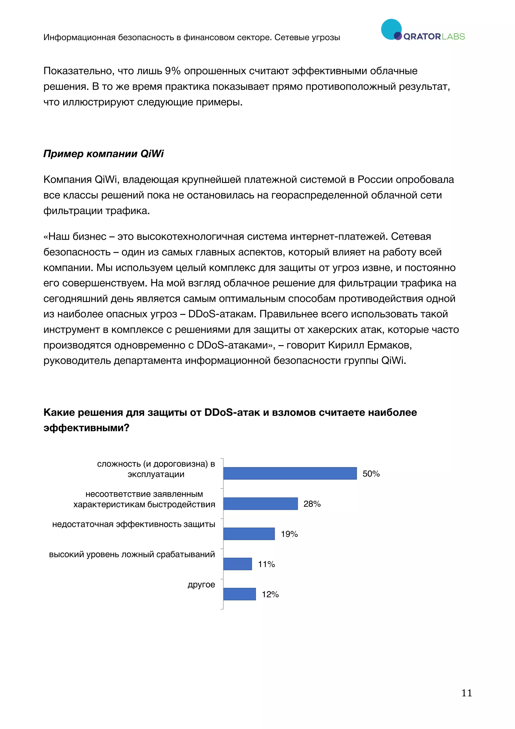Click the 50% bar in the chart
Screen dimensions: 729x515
tap(290, 473)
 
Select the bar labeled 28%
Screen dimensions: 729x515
tap(260, 504)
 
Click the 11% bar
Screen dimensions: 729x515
tap(237, 564)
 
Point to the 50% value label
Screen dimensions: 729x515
tap(371, 474)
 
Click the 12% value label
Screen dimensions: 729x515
tap(270, 594)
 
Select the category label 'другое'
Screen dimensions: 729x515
tap(201, 585)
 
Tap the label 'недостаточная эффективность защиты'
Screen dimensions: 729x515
tap(134, 524)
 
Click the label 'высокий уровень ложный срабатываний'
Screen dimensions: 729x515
tap(132, 554)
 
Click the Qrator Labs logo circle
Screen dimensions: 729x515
tap(391, 29)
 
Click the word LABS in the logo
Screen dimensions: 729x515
tap(453, 37)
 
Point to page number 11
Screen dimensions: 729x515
tap(466, 693)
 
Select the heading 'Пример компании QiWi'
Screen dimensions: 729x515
tap(103, 154)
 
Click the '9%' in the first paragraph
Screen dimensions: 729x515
tap(173, 71)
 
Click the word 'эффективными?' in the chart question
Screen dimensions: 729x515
tap(86, 428)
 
